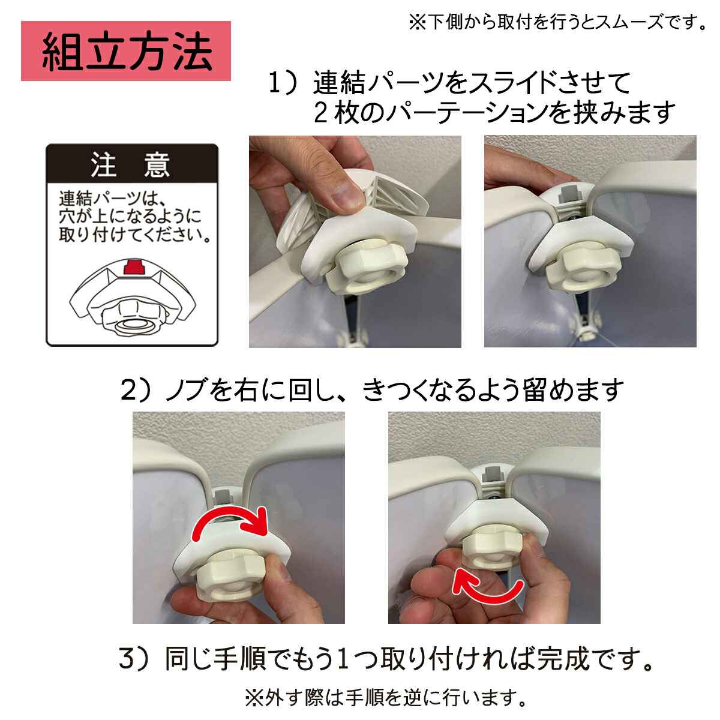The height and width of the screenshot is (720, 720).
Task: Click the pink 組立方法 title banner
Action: [x=125, y=51]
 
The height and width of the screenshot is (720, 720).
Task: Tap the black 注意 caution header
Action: [x=132, y=164]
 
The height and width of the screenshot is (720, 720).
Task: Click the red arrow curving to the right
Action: [x=230, y=524]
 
